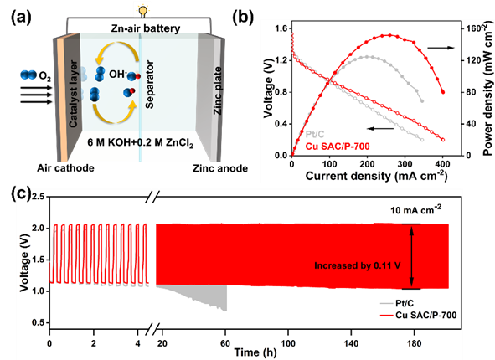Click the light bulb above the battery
(143, 12)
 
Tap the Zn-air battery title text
(146, 28)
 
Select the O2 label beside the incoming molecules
(44, 75)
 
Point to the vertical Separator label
(150, 85)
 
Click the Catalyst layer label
(73, 94)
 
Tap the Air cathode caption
(65, 167)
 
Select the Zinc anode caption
(220, 168)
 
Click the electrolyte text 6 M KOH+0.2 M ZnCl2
(140, 143)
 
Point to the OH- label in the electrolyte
(118, 74)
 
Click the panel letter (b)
(243, 18)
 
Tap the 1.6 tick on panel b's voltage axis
(281, 28)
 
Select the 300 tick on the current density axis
(405, 164)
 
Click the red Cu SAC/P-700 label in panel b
(338, 146)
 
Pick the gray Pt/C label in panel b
(315, 135)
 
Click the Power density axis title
(488, 90)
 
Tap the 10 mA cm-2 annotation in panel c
(415, 210)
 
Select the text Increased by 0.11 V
(358, 265)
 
